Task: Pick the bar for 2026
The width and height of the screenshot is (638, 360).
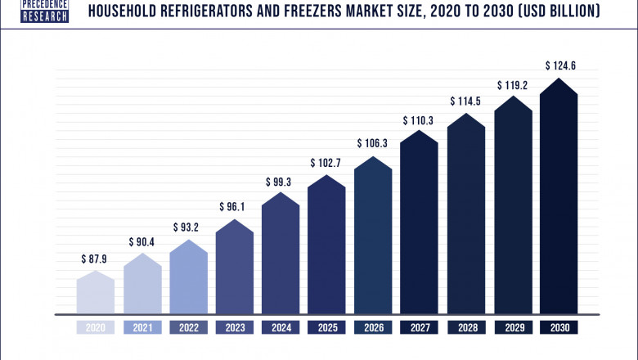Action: click(x=374, y=237)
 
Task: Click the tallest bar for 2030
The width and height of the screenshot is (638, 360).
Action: click(x=559, y=200)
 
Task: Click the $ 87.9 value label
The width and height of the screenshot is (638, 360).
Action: click(x=96, y=259)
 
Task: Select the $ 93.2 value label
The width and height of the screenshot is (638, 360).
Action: click(x=188, y=227)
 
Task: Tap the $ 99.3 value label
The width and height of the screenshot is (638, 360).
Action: click(x=281, y=181)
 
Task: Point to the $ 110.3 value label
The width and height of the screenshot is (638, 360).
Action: click(x=420, y=121)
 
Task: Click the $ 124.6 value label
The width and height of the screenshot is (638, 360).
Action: click(x=559, y=65)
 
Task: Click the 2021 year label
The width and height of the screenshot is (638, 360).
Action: click(x=142, y=327)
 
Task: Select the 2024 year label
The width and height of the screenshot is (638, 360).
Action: click(x=281, y=327)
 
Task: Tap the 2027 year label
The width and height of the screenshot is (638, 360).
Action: click(x=420, y=327)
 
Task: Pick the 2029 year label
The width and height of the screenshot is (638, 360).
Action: click(x=513, y=327)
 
